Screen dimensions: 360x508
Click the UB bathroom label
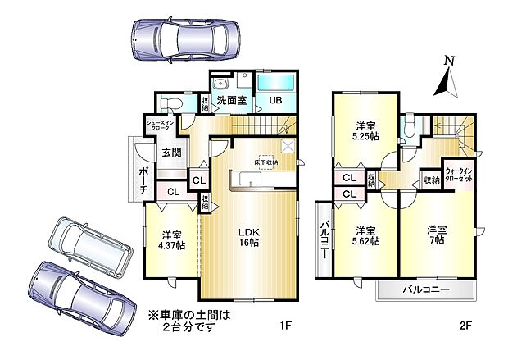coord(275,101)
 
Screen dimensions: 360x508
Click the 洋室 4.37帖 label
coord(170,238)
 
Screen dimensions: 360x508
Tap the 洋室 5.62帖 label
coord(365,235)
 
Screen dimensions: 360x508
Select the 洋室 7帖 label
coord(436,235)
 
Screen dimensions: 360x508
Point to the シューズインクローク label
coord(157,127)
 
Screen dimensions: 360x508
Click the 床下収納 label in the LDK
coord(266,162)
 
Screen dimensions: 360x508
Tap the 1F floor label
coord(285,325)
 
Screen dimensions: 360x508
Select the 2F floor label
coord(465,325)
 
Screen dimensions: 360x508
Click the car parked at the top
coord(185,38)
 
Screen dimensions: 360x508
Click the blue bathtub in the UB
coord(277,82)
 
